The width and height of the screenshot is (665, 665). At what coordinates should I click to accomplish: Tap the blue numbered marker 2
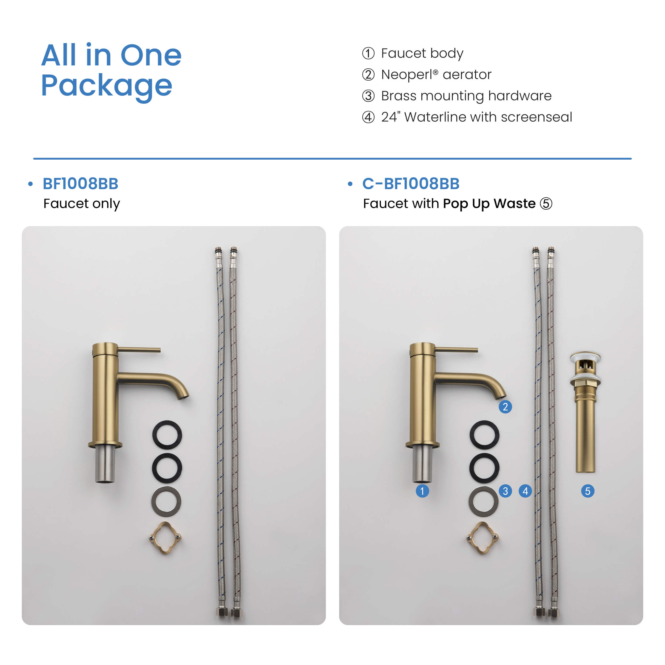(505, 407)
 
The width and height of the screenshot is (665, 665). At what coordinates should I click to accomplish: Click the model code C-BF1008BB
(411, 184)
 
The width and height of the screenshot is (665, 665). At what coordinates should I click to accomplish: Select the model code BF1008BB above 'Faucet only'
(81, 184)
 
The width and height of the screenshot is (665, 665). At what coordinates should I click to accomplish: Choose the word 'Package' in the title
(107, 86)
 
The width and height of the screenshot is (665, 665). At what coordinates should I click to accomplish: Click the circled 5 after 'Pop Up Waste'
(546, 203)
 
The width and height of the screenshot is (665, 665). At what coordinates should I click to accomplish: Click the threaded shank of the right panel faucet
(422, 464)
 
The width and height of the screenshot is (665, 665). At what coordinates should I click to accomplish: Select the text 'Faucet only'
(82, 204)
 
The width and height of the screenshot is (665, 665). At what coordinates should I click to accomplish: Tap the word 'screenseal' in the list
(536, 117)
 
